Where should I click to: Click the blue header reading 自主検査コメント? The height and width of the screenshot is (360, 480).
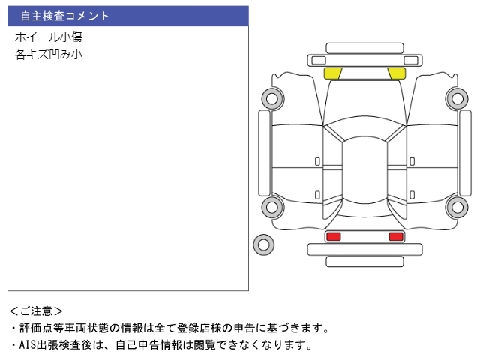(x=128, y=16)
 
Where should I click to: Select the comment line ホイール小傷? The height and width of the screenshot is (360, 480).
(x=48, y=37)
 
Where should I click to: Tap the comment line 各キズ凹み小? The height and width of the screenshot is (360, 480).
(x=48, y=55)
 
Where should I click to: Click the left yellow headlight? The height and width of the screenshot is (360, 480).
(x=333, y=73)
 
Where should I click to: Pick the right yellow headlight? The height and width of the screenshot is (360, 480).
(x=397, y=73)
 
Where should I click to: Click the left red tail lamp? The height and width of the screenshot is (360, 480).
(x=333, y=236)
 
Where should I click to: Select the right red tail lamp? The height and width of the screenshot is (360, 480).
(x=396, y=236)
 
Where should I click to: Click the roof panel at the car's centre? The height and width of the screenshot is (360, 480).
(x=364, y=170)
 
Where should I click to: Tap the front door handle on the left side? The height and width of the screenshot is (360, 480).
(x=317, y=162)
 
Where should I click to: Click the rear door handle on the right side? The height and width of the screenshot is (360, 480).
(x=412, y=195)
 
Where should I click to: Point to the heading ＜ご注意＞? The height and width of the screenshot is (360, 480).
(x=36, y=311)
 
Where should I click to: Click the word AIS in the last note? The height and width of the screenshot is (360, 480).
(x=28, y=345)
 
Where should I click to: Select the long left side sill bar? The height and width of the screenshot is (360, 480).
(x=264, y=153)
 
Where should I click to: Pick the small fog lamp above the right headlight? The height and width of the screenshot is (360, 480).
(x=411, y=60)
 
